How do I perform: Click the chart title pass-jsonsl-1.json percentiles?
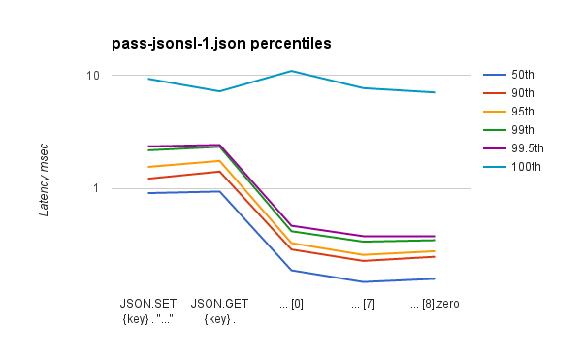point(221,44)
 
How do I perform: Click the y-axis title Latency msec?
point(44,176)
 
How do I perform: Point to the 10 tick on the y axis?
point(93,76)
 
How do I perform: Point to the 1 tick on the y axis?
point(96,188)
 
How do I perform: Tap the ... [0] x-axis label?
point(291,304)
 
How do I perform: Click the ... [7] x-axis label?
point(363,304)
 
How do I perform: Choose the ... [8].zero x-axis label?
point(435,304)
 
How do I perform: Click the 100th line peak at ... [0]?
point(291,71)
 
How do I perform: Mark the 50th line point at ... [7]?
point(363,281)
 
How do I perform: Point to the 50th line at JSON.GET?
point(220,191)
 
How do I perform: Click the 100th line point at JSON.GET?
point(220,91)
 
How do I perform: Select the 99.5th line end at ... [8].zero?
point(435,236)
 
